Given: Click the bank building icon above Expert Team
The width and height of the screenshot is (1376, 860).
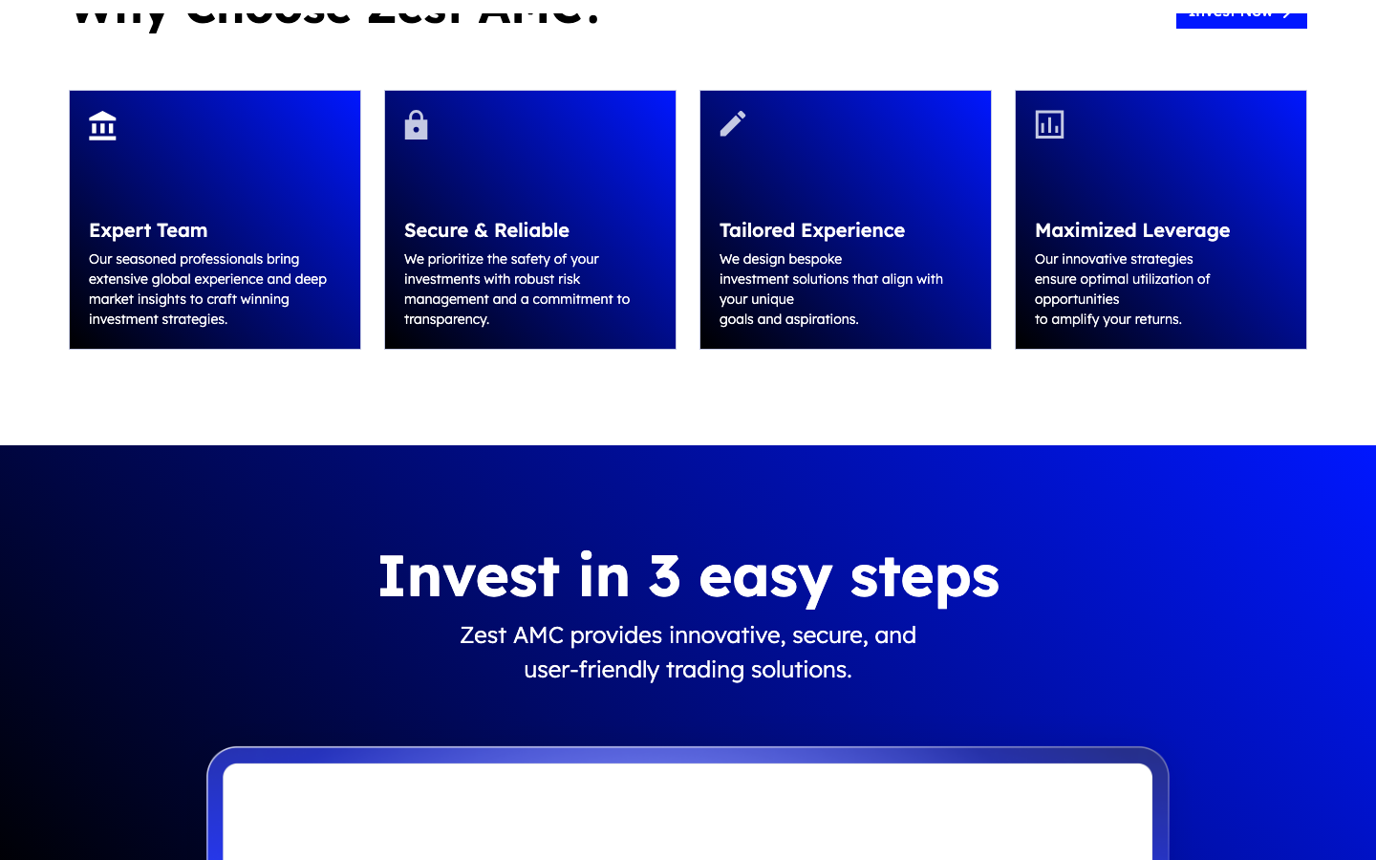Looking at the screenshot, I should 102,126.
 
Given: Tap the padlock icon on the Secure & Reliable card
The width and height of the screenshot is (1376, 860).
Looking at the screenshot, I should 416,125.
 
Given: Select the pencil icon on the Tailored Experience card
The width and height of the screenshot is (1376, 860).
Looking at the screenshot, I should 733,124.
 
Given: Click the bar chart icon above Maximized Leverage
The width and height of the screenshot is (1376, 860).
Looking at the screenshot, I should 1049,124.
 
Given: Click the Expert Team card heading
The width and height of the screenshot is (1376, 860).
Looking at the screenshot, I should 148,230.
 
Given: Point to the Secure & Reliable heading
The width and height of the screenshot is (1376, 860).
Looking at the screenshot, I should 486,230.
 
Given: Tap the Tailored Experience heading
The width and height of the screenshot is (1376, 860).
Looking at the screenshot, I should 812,230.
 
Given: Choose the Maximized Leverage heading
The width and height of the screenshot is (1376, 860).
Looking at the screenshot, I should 1132,230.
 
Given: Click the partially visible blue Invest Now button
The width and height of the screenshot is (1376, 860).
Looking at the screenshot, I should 1240,15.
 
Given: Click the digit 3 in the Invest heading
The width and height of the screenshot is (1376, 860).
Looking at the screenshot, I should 664,576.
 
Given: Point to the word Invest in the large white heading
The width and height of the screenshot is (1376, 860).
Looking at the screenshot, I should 468,576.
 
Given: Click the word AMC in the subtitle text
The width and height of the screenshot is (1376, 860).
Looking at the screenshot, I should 538,635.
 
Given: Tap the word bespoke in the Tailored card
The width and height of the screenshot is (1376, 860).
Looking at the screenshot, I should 815,259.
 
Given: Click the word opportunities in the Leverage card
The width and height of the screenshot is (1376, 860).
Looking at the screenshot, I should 1077,299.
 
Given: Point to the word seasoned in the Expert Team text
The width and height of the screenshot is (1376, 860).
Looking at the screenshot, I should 146,259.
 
